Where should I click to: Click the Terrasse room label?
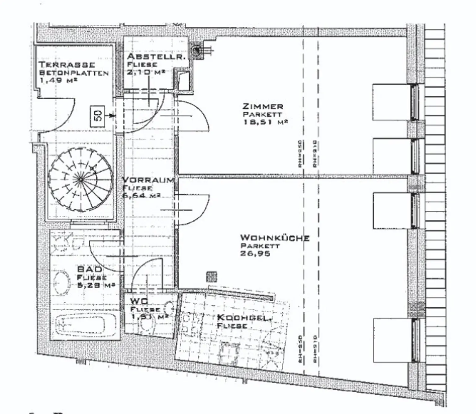pos(67,65)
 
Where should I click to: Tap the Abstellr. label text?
pos(156,56)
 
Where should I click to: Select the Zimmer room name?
pos(263,106)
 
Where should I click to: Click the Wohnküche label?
pos(275,238)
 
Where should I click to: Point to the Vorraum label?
pos(148,180)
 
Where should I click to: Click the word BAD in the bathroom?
pos(90,269)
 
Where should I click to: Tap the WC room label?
pos(139,301)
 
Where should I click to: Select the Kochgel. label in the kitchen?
pos(244,318)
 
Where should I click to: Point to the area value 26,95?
pos(255,253)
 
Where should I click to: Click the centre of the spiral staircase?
pos(80,179)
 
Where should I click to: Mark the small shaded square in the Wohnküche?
pos(211,277)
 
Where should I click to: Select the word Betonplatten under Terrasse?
pos(74,73)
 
